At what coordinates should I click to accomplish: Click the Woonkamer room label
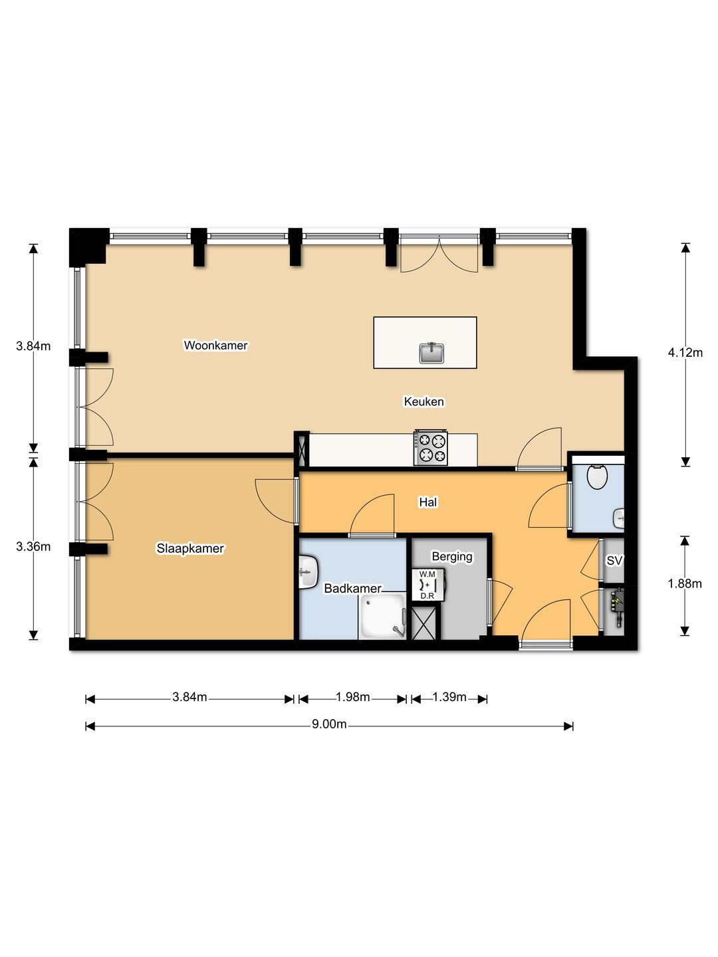215,346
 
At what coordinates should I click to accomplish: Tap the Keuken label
423,401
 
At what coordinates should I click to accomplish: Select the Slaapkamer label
190,548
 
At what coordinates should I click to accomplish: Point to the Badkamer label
352,589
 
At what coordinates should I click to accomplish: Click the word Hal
427,502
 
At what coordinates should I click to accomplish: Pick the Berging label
452,557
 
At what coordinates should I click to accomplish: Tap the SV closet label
614,561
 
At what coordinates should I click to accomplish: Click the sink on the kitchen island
431,353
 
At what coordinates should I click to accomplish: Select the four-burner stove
431,448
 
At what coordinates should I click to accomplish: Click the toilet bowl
597,477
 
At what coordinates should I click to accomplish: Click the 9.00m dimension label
329,724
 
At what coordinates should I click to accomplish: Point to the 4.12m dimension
685,353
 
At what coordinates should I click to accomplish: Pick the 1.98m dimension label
352,697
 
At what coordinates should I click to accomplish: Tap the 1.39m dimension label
449,697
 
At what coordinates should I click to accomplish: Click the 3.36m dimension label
33,547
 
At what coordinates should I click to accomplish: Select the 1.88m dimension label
685,584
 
